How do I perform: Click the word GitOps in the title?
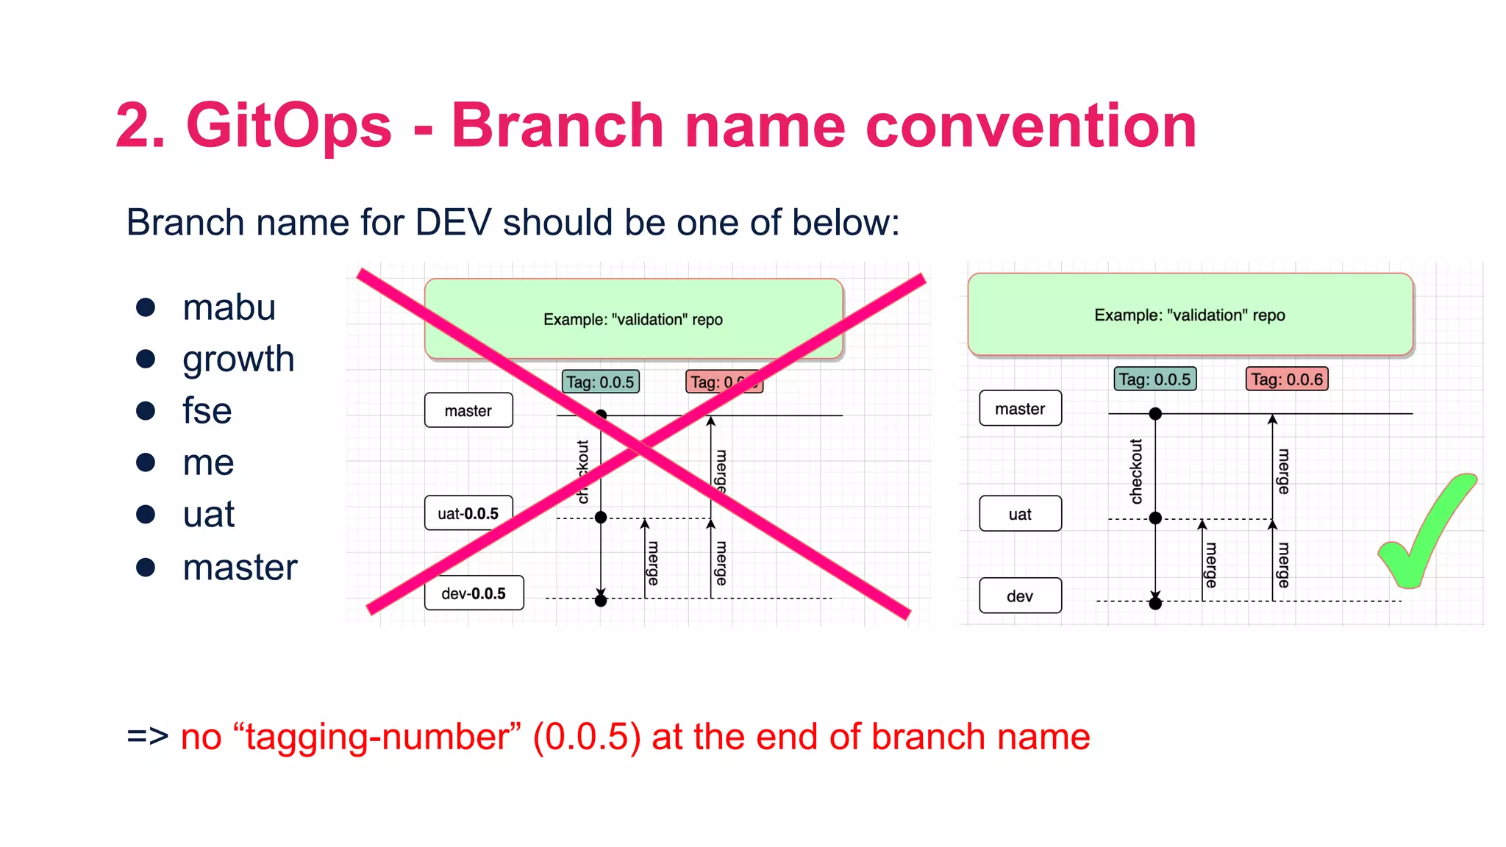(x=289, y=126)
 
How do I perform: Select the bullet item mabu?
(x=229, y=307)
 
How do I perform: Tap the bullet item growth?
(x=238, y=359)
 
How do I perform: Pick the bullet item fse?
(x=207, y=410)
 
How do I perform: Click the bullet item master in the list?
(x=240, y=567)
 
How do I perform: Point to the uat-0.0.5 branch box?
(x=468, y=513)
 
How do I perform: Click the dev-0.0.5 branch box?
(x=474, y=593)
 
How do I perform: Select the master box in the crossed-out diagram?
(x=468, y=410)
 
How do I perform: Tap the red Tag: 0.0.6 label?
(x=1287, y=379)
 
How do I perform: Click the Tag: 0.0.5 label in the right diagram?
(x=1155, y=379)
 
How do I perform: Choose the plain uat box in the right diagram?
(x=1020, y=514)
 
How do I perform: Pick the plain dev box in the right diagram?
(x=1020, y=596)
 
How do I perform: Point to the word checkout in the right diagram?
(x=1136, y=471)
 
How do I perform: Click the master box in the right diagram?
(x=1020, y=409)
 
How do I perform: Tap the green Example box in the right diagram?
(x=1190, y=315)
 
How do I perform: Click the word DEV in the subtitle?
(x=453, y=222)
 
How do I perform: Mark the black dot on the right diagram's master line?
(x=1155, y=414)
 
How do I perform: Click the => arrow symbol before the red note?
(x=148, y=737)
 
